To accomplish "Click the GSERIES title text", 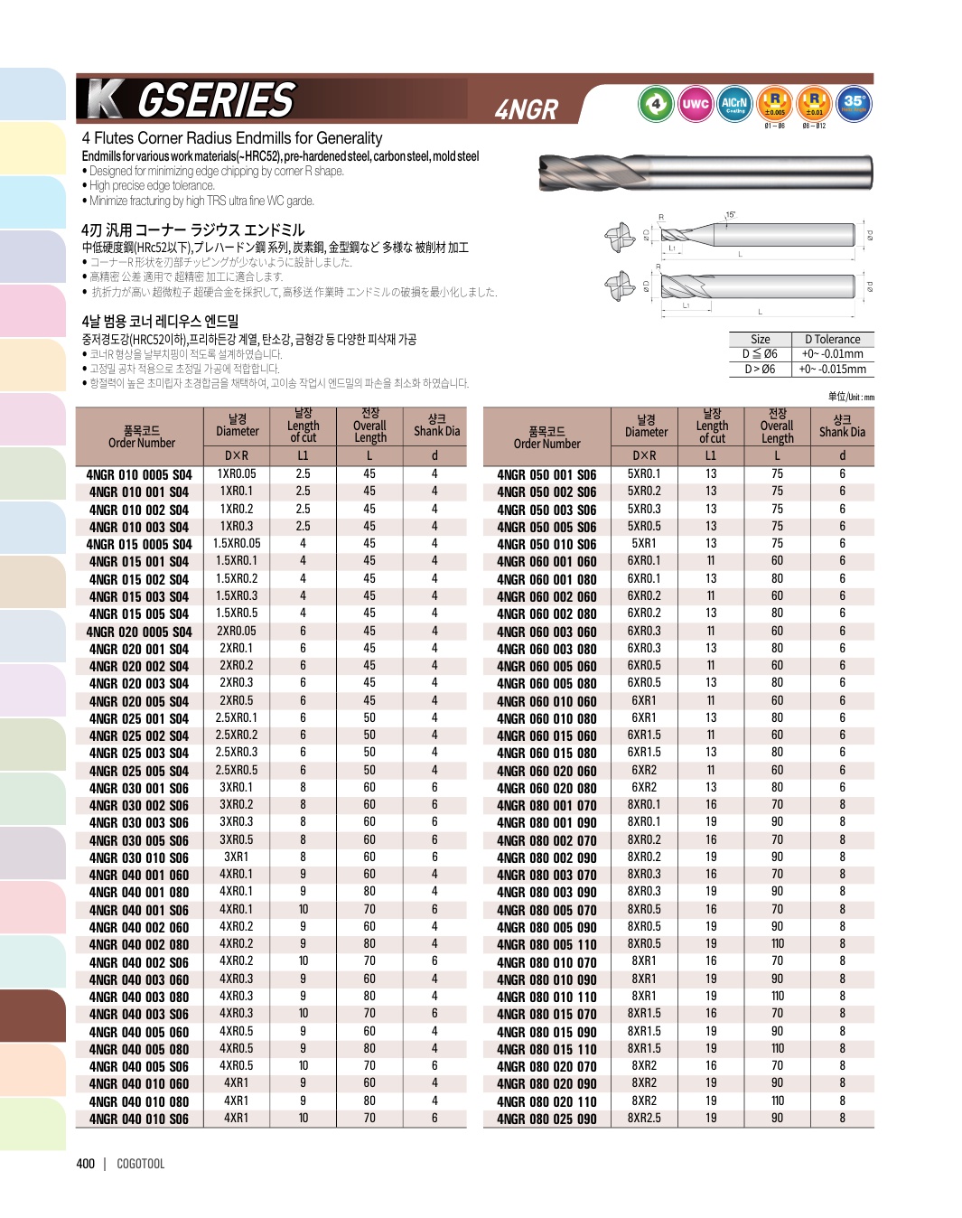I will (216, 100).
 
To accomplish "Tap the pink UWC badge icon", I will (695, 104).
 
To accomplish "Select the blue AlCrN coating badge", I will (734, 104).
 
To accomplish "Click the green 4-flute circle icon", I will (656, 104).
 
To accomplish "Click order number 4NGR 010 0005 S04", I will (139, 474).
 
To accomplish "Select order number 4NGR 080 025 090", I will (546, 1119).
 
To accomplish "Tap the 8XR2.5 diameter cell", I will (644, 1118).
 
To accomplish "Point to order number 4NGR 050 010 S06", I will (546, 544).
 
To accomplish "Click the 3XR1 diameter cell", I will (237, 857).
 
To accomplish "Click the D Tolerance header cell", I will (832, 339).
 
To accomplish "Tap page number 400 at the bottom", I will (86, 1164).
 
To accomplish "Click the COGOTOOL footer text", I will (141, 1164).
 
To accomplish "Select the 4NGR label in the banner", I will (527, 109).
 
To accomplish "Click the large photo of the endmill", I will (705, 172).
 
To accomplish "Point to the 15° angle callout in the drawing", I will (730, 215).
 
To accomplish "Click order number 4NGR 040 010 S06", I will (139, 1119).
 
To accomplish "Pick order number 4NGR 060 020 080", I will (546, 788).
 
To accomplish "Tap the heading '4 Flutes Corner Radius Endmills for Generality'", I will (232, 138).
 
